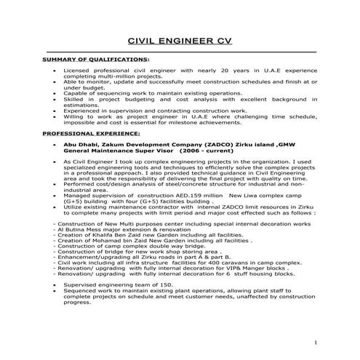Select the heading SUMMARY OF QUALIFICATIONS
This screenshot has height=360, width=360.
pyautogui.click(x=97, y=59)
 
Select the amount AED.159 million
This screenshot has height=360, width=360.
pyautogui.click(x=195, y=196)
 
